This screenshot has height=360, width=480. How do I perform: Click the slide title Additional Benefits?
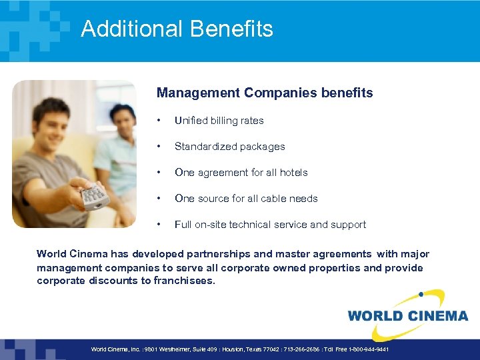(177, 29)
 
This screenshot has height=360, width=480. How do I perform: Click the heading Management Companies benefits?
(265, 93)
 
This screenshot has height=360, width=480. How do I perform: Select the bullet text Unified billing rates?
(219, 121)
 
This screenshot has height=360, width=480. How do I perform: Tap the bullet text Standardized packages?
(229, 147)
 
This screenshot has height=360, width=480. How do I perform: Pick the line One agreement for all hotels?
(241, 173)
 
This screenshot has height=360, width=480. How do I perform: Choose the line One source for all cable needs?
(246, 199)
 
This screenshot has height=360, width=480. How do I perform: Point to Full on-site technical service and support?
(270, 225)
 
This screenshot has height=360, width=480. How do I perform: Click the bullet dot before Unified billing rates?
(158, 121)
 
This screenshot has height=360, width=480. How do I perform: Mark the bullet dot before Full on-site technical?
(158, 225)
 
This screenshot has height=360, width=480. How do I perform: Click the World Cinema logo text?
(407, 315)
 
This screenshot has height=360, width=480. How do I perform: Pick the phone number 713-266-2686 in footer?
(303, 349)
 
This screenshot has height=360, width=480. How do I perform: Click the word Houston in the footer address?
(232, 349)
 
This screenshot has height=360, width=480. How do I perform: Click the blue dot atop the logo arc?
(421, 293)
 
